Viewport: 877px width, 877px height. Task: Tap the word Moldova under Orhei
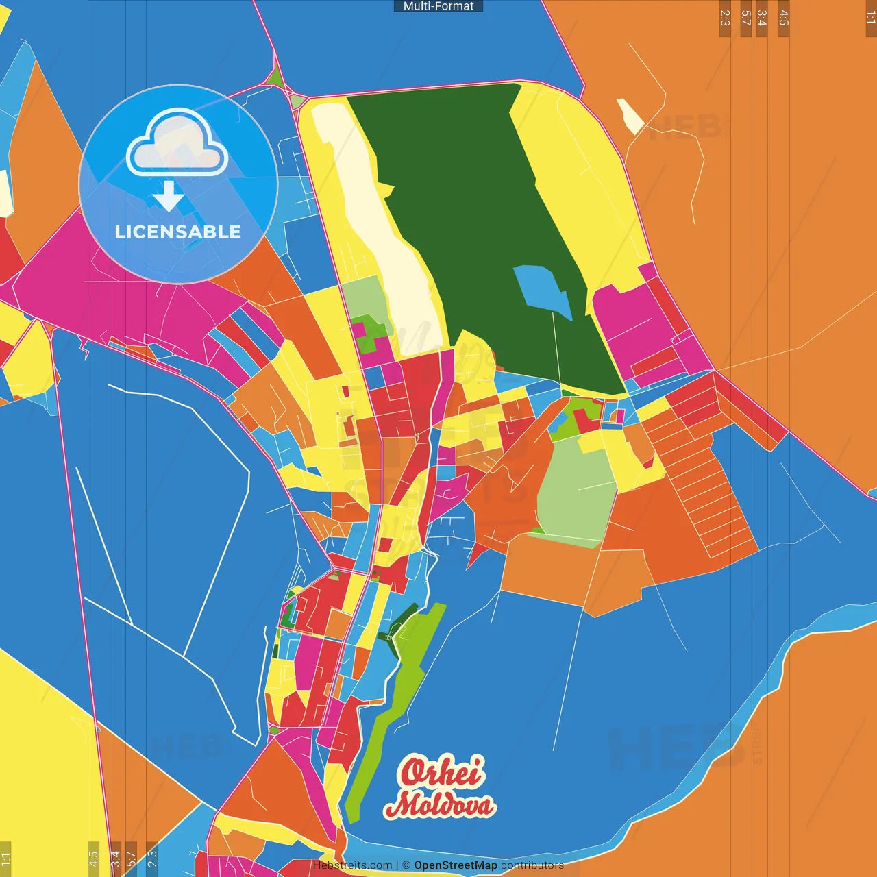tap(440, 805)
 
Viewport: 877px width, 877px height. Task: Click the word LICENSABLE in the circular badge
tap(178, 232)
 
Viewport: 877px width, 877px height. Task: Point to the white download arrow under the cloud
tap(169, 196)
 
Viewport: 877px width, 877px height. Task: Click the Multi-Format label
tap(438, 6)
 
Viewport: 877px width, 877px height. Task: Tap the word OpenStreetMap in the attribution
tap(455, 865)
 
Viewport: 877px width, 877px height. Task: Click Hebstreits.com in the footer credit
tap(352, 865)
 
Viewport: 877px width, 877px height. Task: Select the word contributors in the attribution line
tap(532, 865)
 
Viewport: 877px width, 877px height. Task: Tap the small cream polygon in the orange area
tap(630, 116)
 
